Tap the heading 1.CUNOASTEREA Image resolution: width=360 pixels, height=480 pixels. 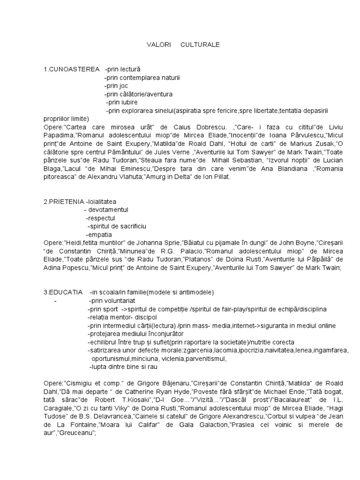point(72,69)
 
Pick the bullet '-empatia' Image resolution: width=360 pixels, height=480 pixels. point(99,234)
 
